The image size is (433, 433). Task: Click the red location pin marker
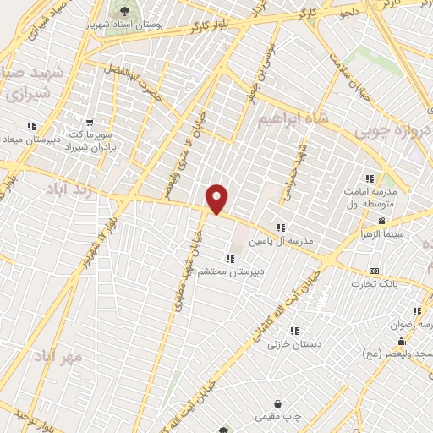point(217,200)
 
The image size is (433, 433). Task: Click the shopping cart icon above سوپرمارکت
point(90,122)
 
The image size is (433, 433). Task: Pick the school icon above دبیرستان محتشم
point(228,258)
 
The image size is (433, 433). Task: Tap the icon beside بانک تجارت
point(373,271)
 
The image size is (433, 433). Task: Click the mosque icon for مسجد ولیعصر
point(401,340)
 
